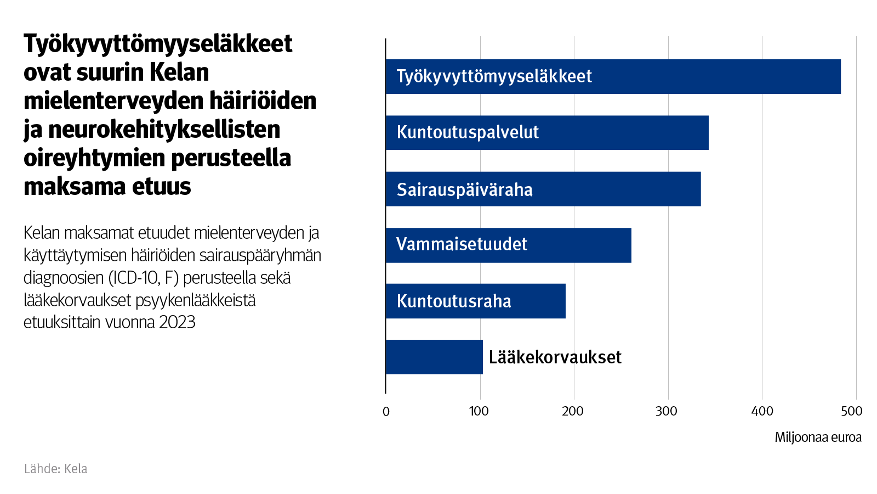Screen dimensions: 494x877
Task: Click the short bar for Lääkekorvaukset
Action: click(x=434, y=357)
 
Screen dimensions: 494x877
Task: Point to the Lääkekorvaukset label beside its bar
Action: click(x=555, y=357)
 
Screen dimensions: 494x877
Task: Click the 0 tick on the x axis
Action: click(x=386, y=411)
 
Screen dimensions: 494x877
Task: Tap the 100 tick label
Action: click(x=479, y=411)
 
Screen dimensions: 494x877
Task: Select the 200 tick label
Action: click(x=573, y=411)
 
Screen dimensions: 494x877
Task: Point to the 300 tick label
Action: click(x=667, y=411)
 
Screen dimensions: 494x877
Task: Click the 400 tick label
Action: click(x=762, y=411)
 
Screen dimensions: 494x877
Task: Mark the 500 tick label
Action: click(x=852, y=411)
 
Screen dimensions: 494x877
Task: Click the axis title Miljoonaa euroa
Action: click(x=818, y=437)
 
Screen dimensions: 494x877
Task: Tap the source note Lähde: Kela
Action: click(x=55, y=469)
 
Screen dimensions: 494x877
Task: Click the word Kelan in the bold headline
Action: click(x=179, y=72)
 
